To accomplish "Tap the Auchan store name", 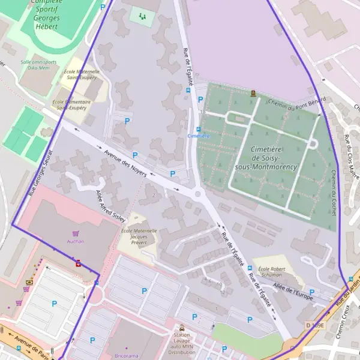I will click(x=76, y=241).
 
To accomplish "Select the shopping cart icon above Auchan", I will click(x=76, y=233).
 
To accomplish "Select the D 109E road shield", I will click(x=314, y=325).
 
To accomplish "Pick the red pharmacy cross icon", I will click(x=78, y=263).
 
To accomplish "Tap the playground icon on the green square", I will click(x=142, y=16).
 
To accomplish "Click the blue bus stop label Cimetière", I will click(x=199, y=136).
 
